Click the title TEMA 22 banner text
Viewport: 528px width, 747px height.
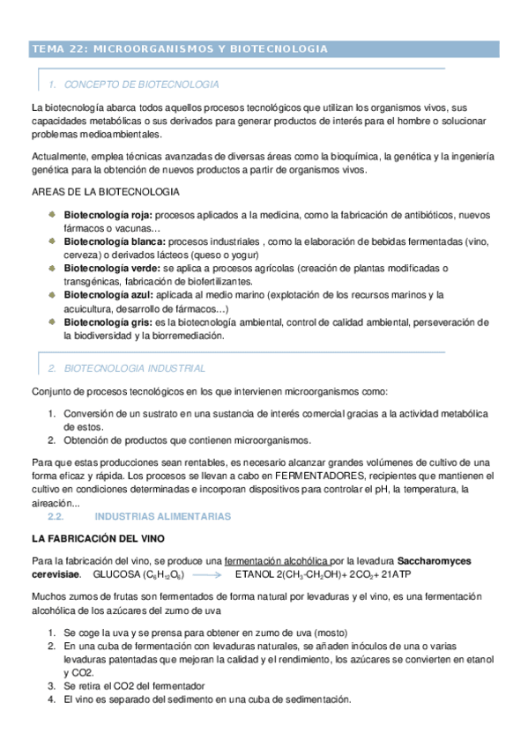(180, 49)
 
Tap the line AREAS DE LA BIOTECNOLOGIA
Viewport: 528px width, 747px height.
(106, 192)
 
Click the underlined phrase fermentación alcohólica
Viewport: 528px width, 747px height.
(277, 560)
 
